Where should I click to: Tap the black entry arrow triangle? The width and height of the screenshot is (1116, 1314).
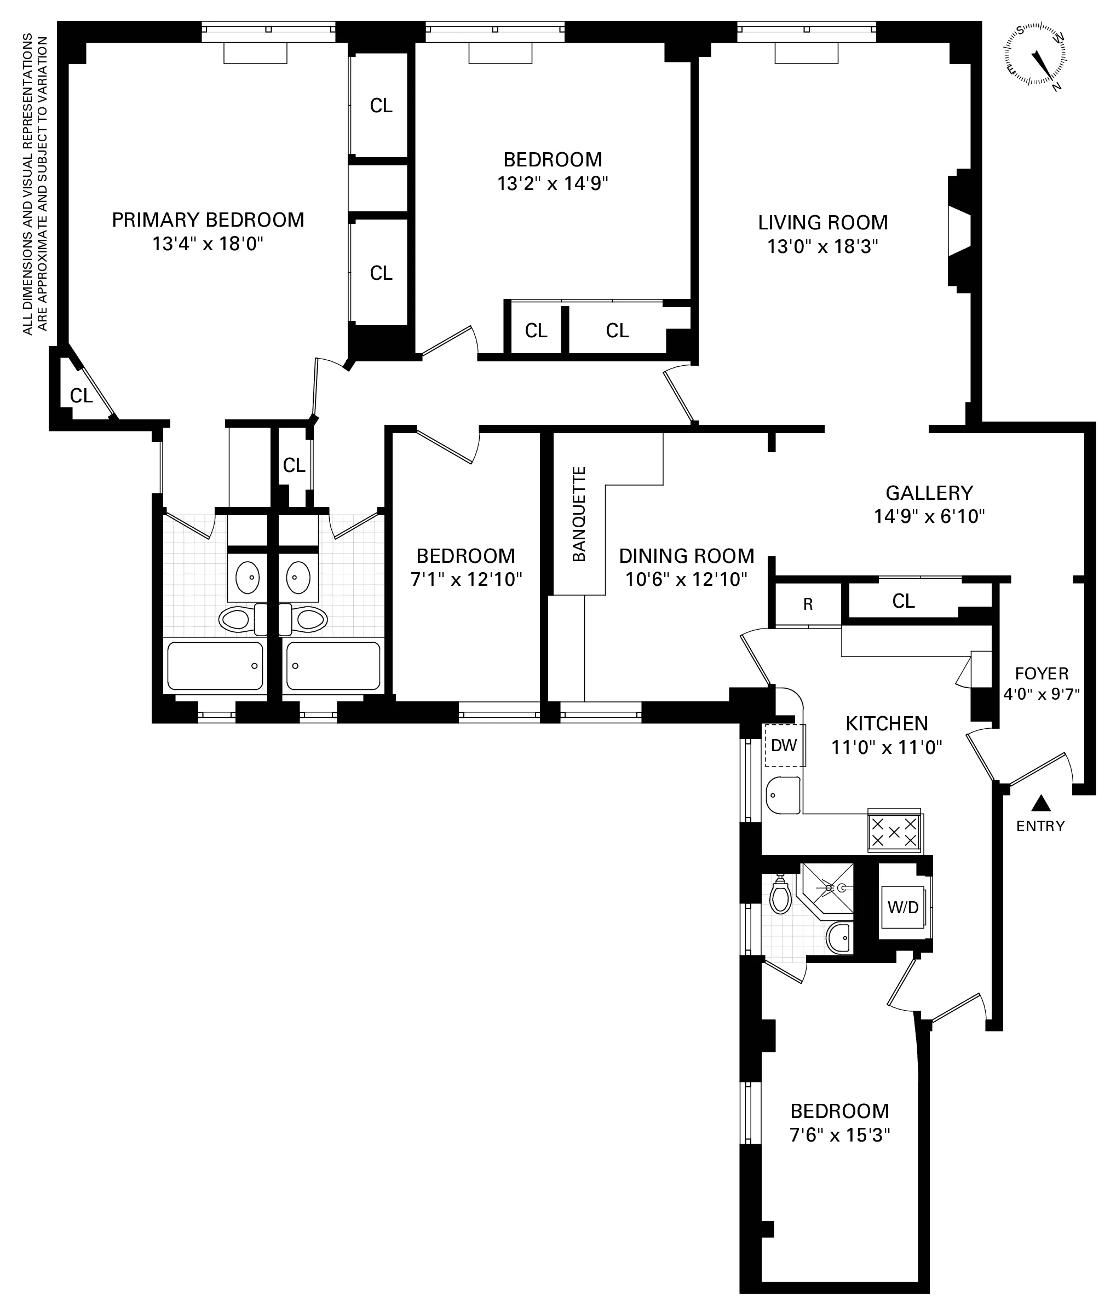pyautogui.click(x=1041, y=804)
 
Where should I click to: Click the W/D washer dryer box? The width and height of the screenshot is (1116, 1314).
pyautogui.click(x=903, y=907)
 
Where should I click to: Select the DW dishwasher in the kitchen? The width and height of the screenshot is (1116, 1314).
pyautogui.click(x=784, y=745)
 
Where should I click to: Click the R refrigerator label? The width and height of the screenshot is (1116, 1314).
pyautogui.click(x=808, y=604)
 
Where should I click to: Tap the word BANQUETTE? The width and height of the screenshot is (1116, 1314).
pyautogui.click(x=579, y=514)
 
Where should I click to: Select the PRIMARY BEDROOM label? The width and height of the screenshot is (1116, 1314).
pyautogui.click(x=208, y=220)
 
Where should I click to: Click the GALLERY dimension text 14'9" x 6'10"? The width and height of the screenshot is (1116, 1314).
pyautogui.click(x=929, y=517)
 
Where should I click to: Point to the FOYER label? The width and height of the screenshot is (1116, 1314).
pyautogui.click(x=1042, y=673)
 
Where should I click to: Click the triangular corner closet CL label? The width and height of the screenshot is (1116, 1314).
pyautogui.click(x=81, y=395)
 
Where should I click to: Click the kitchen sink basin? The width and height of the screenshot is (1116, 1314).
pyautogui.click(x=783, y=795)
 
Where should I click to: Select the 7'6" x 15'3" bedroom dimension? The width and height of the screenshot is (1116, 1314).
pyautogui.click(x=839, y=1135)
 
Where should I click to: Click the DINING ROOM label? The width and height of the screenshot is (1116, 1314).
pyautogui.click(x=687, y=556)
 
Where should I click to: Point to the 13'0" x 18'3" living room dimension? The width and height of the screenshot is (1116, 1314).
pyautogui.click(x=822, y=246)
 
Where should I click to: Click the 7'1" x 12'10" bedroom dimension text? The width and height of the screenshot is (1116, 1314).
pyautogui.click(x=466, y=579)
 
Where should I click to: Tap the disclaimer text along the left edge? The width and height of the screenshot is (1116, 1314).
pyautogui.click(x=35, y=183)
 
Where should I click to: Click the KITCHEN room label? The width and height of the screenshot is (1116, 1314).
pyautogui.click(x=887, y=723)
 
